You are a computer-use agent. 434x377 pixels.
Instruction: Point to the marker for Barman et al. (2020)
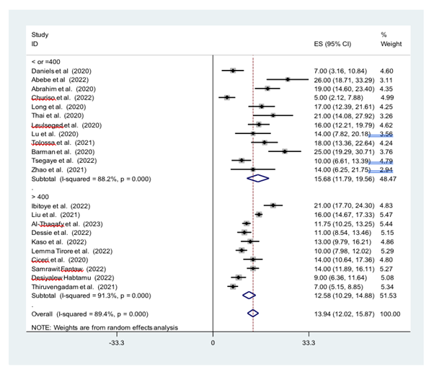285,151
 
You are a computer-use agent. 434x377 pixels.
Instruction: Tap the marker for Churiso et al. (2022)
227,97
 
